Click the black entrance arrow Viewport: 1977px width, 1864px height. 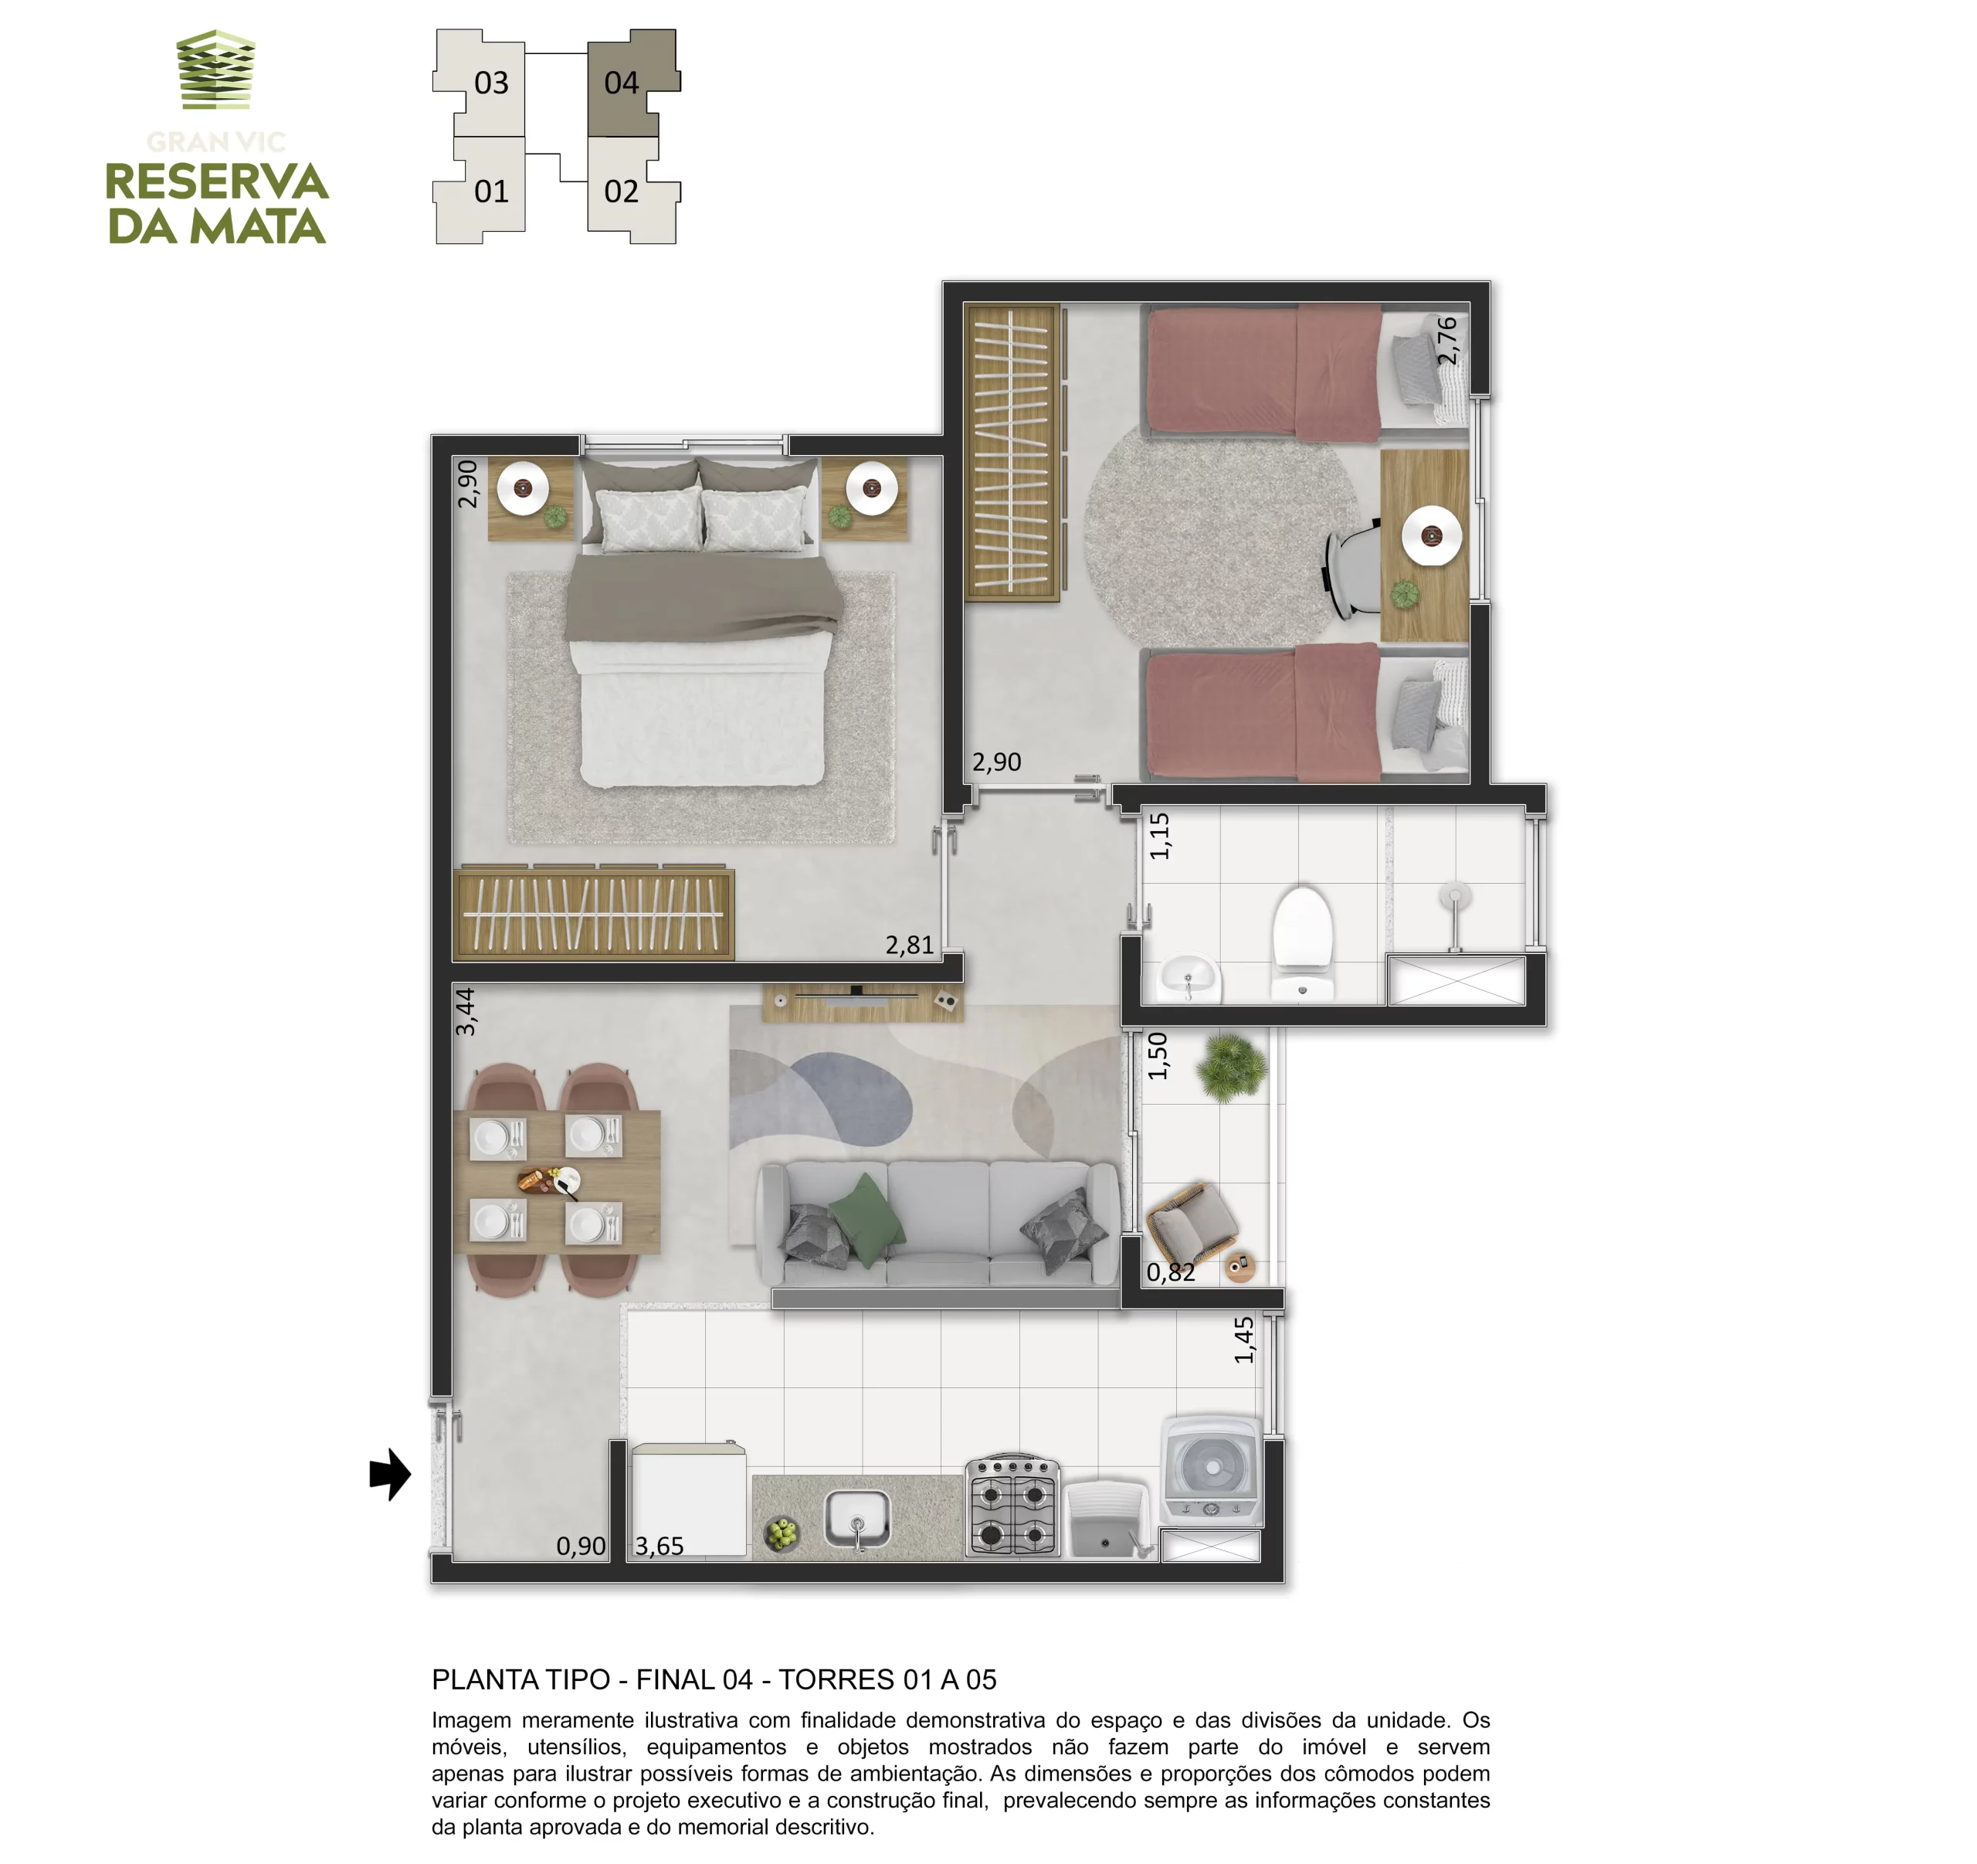(x=390, y=1474)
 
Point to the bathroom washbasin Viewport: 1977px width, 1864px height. (x=1189, y=978)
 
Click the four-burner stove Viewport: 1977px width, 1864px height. (x=1012, y=1506)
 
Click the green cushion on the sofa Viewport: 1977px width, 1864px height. (x=867, y=1220)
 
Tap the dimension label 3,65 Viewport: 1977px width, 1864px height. (x=660, y=1546)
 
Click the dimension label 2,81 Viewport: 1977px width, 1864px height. (x=910, y=945)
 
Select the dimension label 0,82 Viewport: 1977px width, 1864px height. (x=1171, y=1272)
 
